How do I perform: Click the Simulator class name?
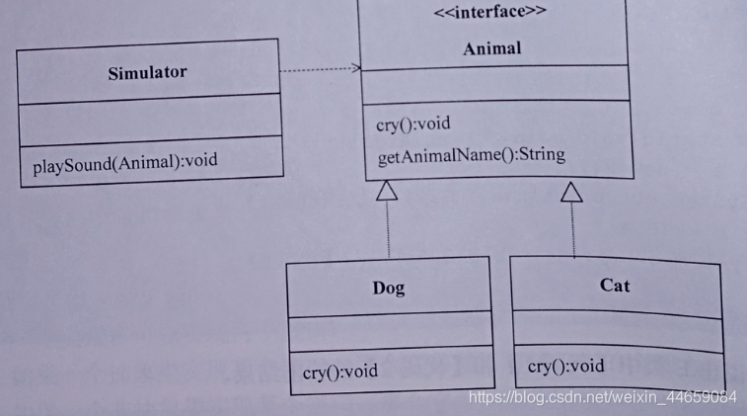[x=146, y=72]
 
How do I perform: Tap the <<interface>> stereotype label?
[x=496, y=14]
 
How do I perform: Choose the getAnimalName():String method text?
[x=471, y=155]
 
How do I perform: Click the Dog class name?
[x=388, y=288]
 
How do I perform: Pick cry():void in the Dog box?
[x=339, y=373]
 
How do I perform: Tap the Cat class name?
[x=615, y=285]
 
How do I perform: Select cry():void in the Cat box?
[x=565, y=366]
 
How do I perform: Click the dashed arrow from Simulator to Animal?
[x=321, y=69]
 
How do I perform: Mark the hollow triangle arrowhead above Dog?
[x=388, y=190]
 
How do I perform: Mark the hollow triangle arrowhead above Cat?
[x=571, y=192]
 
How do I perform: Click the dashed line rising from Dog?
[x=388, y=227]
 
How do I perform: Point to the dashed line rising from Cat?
[x=571, y=229]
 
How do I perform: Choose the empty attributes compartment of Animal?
[x=496, y=83]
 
